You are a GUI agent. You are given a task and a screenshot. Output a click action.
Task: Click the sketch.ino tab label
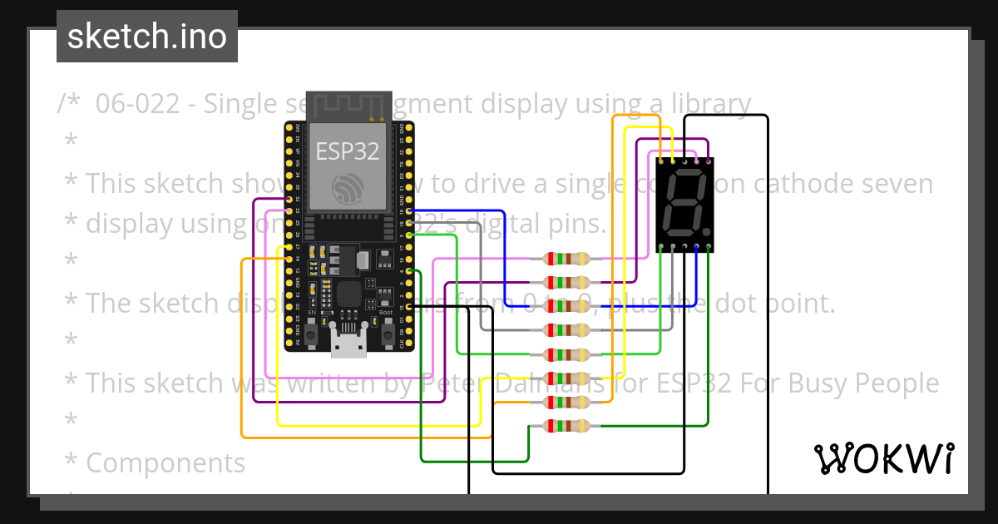[146, 37]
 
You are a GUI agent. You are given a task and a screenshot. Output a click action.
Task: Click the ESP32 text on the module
[348, 151]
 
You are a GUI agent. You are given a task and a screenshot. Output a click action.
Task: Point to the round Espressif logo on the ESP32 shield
[348, 188]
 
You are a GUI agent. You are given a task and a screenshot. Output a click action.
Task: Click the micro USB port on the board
[348, 342]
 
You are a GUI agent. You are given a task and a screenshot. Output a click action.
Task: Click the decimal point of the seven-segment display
[706, 231]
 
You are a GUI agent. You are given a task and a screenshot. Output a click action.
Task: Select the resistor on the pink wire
[566, 259]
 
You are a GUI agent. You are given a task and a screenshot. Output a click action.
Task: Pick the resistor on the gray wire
[566, 330]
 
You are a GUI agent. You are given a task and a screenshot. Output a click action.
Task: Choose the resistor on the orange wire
[566, 403]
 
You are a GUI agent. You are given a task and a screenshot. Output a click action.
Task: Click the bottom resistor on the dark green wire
[566, 427]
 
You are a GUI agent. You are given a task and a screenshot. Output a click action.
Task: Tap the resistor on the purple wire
[566, 282]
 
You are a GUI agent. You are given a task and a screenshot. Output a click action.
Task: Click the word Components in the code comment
[166, 462]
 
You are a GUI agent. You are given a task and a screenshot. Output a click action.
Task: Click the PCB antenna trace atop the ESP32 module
[348, 106]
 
